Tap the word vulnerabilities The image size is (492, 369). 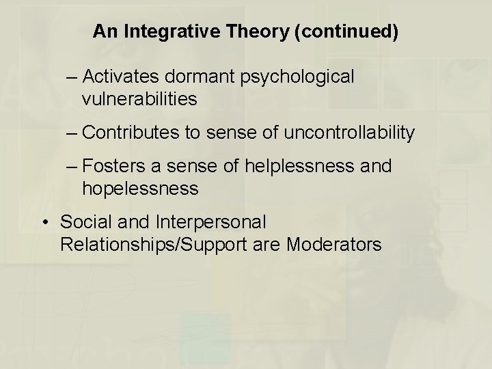[139, 99]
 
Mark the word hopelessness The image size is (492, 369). [140, 188]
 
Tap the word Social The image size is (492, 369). [83, 222]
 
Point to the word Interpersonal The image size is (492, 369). [210, 222]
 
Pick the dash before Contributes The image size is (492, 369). [72, 133]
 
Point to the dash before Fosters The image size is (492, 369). [72, 167]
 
